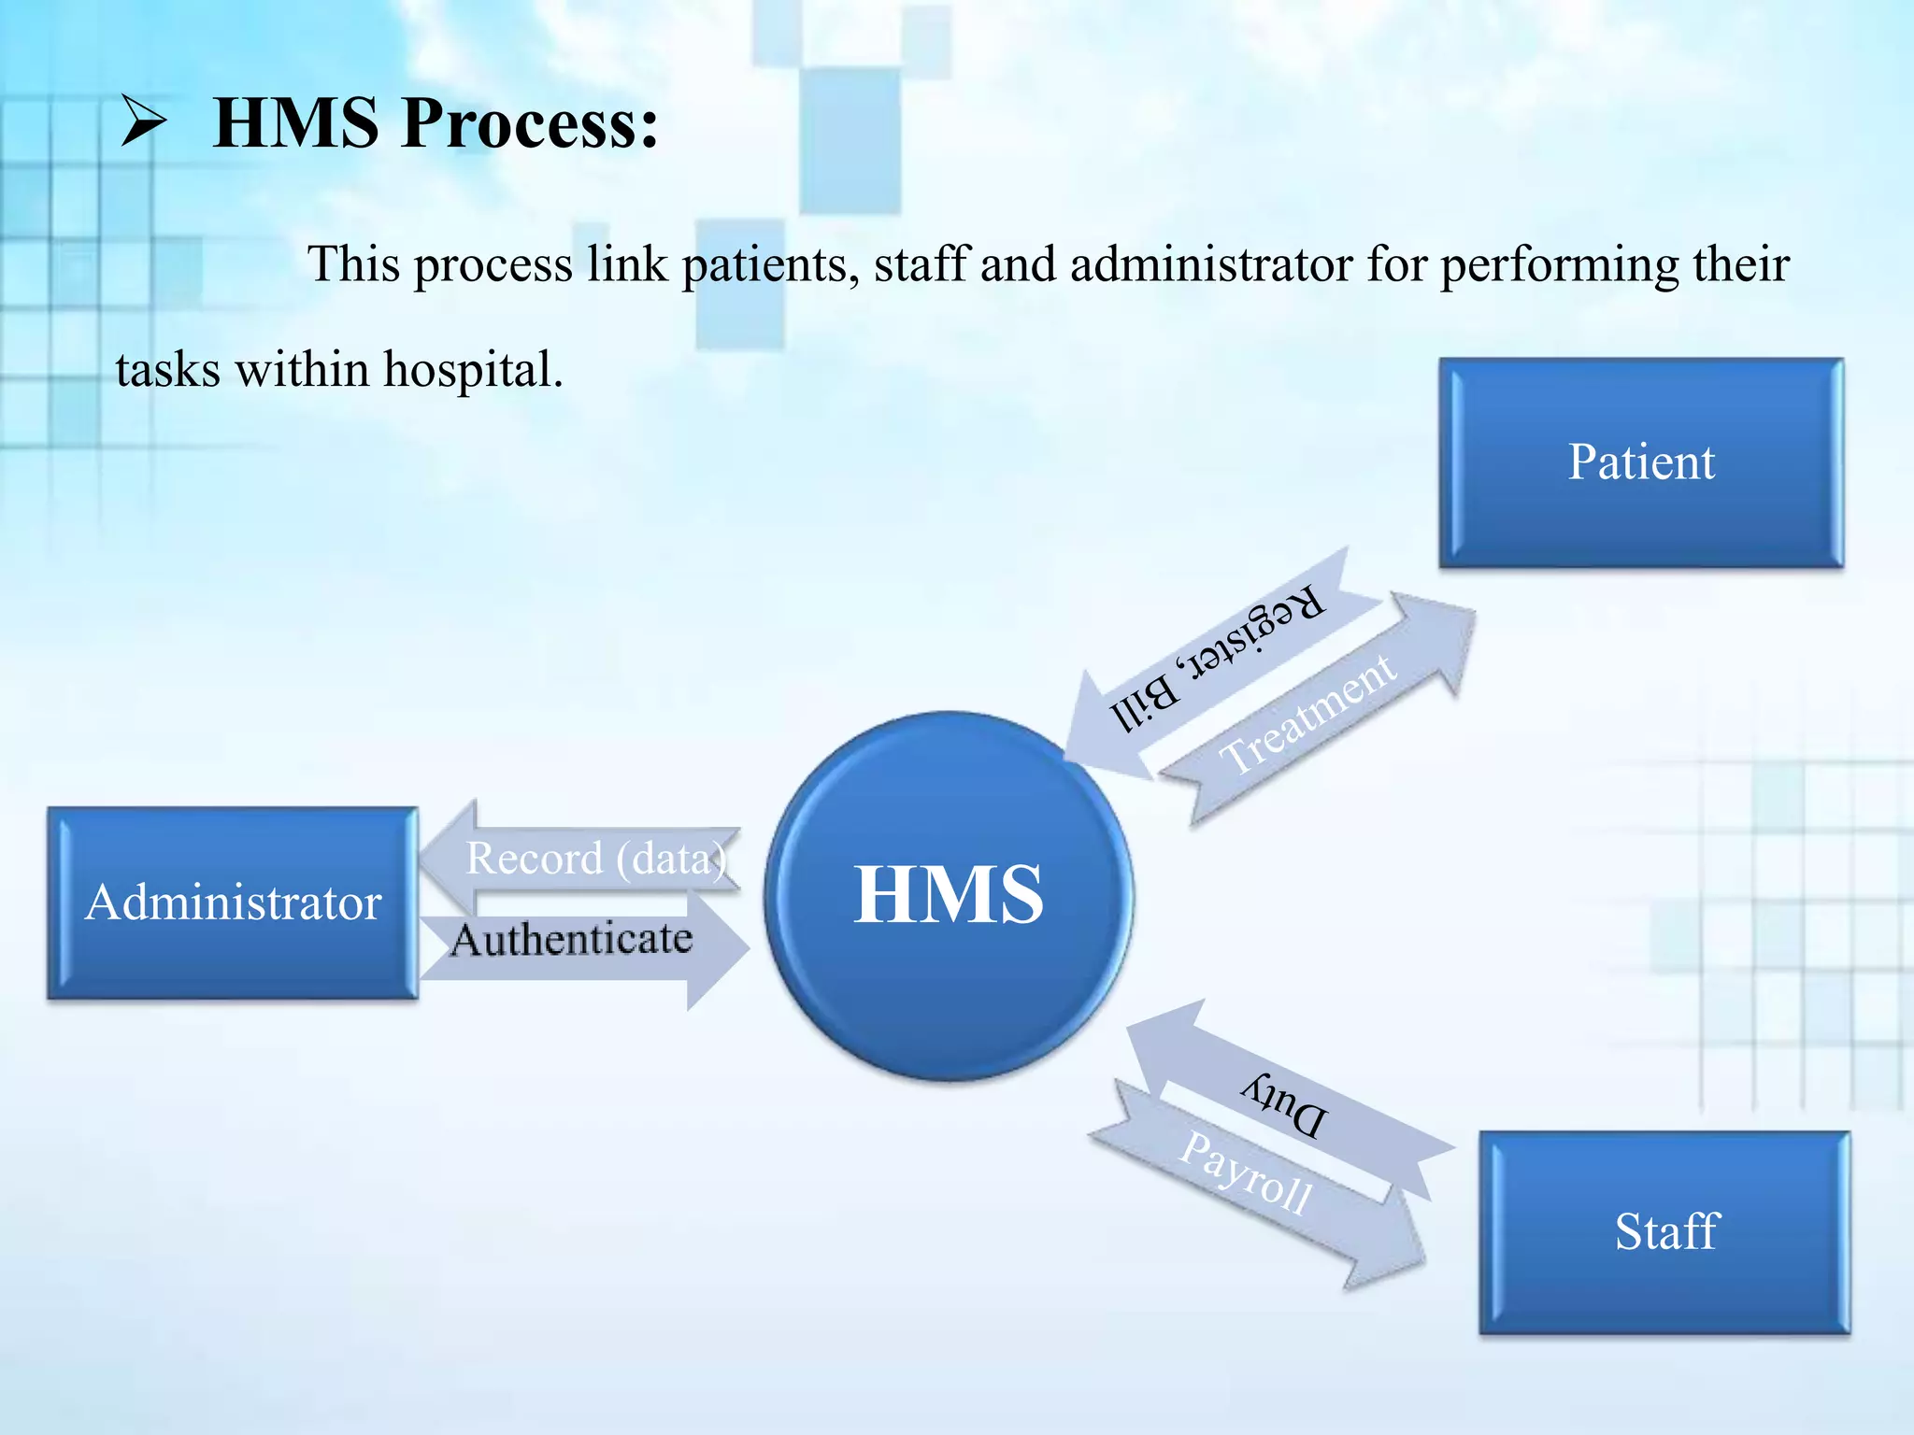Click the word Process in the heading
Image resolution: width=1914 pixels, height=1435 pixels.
[x=530, y=122]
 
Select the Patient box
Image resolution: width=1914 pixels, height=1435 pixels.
[x=1640, y=462]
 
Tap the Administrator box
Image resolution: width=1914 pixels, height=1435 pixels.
[x=233, y=903]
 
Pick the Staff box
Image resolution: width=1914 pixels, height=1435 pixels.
[x=1664, y=1231]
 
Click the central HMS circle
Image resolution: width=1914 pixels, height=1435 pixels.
[x=948, y=895]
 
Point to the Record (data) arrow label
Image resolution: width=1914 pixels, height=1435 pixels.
[x=596, y=859]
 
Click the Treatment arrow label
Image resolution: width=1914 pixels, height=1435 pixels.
[x=1307, y=714]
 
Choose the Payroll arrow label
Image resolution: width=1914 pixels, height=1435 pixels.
[x=1246, y=1173]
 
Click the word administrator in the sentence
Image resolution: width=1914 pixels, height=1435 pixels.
[x=1210, y=264]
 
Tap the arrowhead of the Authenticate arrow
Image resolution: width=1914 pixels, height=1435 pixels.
[x=720, y=948]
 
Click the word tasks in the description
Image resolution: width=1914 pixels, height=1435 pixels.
[x=167, y=370]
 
